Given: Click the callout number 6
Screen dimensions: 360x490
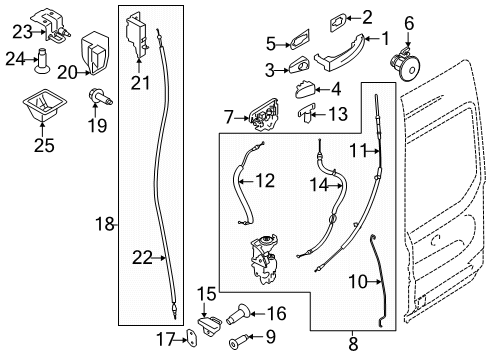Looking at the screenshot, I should point(408,21).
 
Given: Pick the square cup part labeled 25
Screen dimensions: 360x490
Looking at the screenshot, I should point(39,105).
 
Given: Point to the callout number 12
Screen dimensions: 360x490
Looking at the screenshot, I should point(265,181).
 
